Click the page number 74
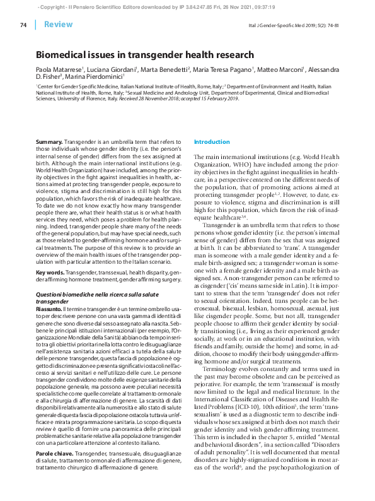tap(23, 25)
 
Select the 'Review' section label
tap(58, 25)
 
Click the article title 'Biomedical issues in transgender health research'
tap(144, 56)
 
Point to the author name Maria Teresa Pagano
tap(224, 69)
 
